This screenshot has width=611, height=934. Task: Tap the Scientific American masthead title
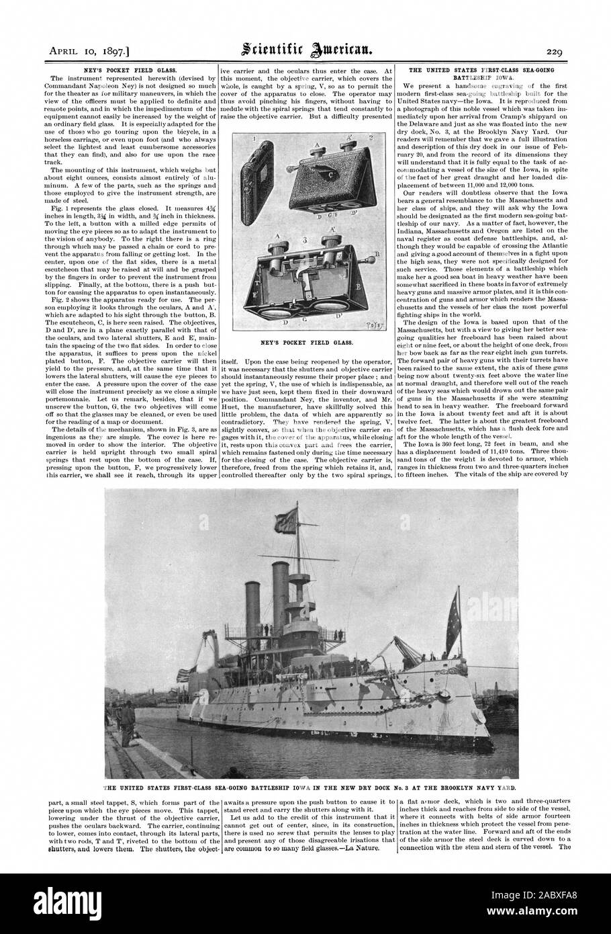(x=305, y=48)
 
